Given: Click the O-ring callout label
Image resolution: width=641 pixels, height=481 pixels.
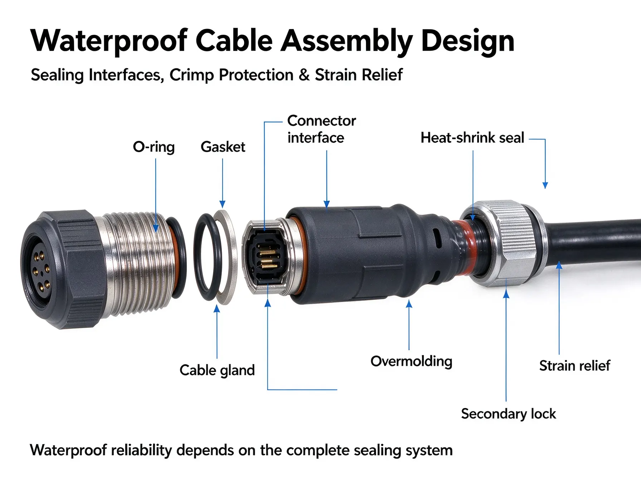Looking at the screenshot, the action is (x=154, y=147).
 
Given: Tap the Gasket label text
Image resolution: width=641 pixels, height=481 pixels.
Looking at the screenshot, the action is (x=223, y=147).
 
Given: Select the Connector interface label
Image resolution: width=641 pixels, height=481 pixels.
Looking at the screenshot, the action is (x=322, y=129).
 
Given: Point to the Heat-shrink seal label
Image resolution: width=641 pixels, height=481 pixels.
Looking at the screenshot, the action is (x=472, y=138).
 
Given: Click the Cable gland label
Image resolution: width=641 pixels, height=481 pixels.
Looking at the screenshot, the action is (x=217, y=370).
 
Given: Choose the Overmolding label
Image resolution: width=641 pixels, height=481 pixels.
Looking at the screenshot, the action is (x=411, y=361).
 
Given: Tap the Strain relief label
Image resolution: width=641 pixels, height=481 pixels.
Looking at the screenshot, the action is (x=574, y=366).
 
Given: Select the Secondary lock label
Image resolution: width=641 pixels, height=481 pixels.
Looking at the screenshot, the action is (x=508, y=414).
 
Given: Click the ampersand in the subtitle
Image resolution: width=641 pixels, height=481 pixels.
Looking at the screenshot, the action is (x=304, y=75).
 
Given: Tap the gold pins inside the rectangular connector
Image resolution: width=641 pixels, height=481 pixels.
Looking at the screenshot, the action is (x=267, y=259).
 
